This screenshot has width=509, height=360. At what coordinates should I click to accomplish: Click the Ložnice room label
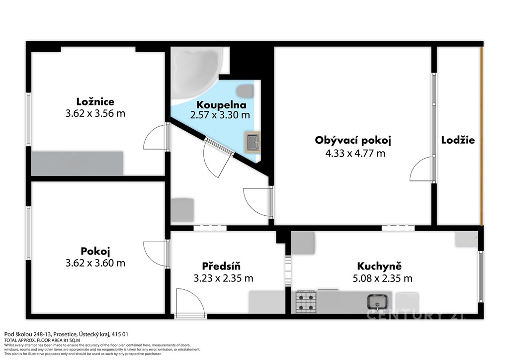(95, 101)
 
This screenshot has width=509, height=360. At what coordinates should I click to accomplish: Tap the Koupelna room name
(221, 105)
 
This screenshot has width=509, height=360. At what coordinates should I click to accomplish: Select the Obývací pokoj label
(353, 140)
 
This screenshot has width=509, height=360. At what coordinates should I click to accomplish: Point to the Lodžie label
(458, 140)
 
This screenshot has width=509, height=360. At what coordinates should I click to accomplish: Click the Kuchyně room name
(379, 266)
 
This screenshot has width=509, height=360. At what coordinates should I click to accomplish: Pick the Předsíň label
(221, 266)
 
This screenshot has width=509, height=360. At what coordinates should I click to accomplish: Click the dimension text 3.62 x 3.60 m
(95, 263)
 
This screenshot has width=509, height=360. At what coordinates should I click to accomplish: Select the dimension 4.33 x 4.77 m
(355, 153)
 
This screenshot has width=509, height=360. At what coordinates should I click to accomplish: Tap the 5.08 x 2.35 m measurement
(382, 278)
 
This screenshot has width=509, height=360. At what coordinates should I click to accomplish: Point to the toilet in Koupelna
(245, 91)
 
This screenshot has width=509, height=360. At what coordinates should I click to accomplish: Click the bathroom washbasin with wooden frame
(253, 142)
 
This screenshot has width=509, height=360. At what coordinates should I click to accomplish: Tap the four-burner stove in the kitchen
(306, 302)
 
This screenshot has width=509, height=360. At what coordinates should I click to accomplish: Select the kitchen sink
(378, 302)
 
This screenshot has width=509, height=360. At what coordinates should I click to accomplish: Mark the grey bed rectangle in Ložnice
(77, 163)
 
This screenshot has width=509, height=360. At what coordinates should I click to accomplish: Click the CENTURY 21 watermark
(417, 315)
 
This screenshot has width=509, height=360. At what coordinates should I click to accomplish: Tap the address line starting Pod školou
(66, 334)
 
